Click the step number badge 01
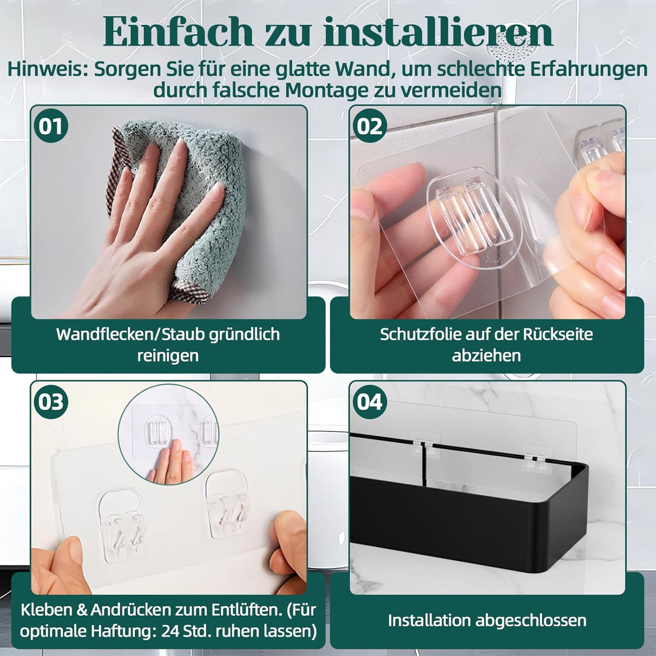[x=51, y=126]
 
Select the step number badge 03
[x=51, y=401]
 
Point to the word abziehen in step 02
[x=486, y=355]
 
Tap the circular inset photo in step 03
[x=168, y=435]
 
